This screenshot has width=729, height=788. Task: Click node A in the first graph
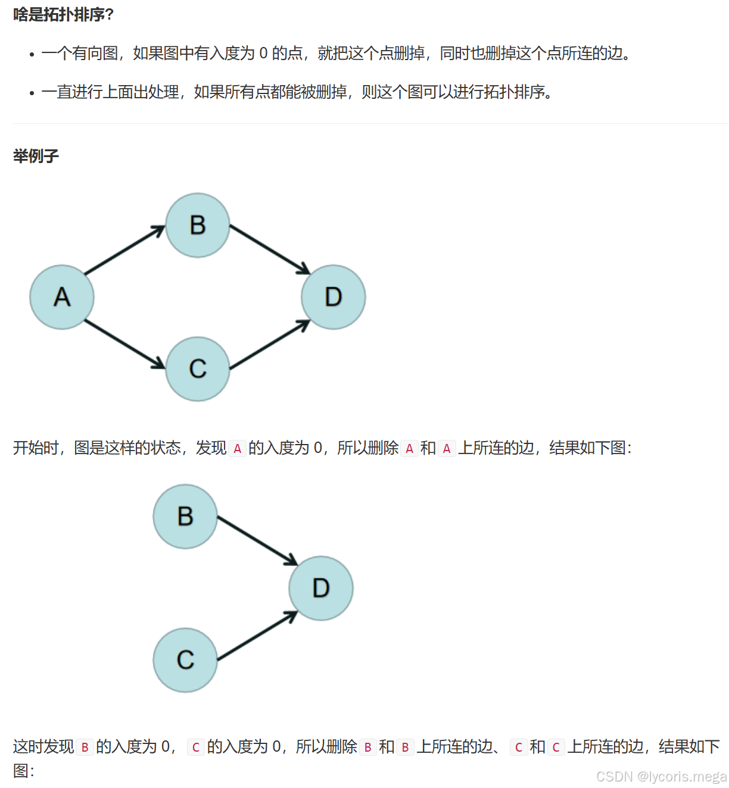[x=62, y=297]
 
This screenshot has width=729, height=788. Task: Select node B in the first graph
[x=198, y=226]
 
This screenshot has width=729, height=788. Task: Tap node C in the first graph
[x=198, y=369]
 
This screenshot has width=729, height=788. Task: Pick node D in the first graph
[x=334, y=297]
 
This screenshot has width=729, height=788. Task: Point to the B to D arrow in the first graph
[x=269, y=249]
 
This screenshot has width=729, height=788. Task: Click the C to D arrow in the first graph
[x=269, y=345]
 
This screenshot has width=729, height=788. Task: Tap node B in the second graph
[x=185, y=517]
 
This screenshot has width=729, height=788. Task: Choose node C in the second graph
[x=185, y=660]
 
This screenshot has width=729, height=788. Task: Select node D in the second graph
[x=321, y=588]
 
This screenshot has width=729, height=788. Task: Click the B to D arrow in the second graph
[x=257, y=540]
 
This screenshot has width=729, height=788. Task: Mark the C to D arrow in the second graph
[x=257, y=636]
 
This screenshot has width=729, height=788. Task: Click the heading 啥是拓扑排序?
[x=63, y=14]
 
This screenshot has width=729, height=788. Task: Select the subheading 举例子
[x=36, y=156]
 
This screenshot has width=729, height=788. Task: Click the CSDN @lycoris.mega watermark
[x=661, y=777]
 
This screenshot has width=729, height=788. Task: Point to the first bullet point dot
[x=32, y=55]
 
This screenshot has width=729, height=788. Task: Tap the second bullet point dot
[x=32, y=93]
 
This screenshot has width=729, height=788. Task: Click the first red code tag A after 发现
[x=237, y=448]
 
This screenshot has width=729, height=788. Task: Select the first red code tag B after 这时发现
[x=85, y=747]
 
